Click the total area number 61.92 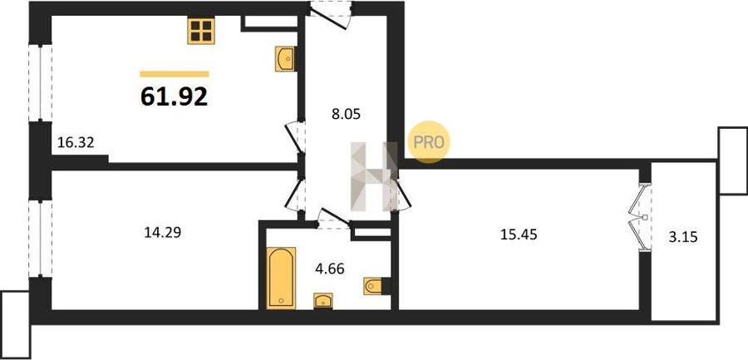pos(175,97)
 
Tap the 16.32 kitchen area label pos(76,142)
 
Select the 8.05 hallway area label pos(346,114)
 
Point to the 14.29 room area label pos(162,233)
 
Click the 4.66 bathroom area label pos(329,269)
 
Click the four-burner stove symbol pos(201,31)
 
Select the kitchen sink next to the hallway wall pos(285,59)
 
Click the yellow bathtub pos(281,278)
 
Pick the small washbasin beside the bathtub pos(323,301)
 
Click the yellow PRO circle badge pos(428,142)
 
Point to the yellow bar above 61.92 pos(175,74)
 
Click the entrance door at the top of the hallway pos(331,14)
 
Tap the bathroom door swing pos(334,219)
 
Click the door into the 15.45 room pos(400,195)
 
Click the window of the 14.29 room pos(40,239)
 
